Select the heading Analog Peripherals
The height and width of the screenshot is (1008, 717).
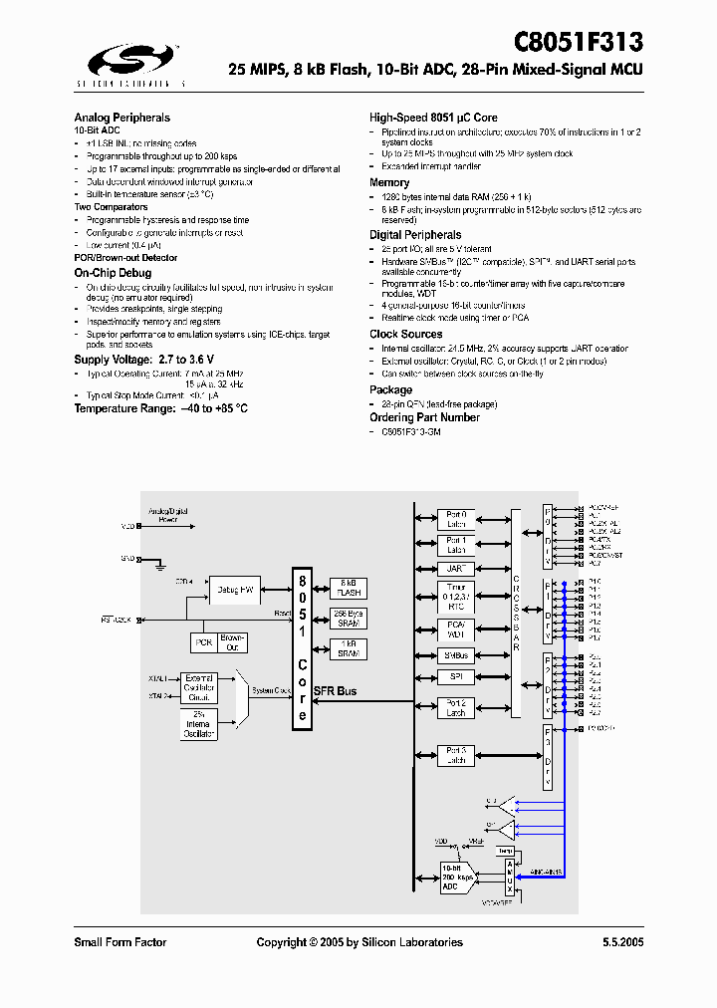coord(121,118)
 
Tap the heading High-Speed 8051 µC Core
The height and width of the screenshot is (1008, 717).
coord(433,118)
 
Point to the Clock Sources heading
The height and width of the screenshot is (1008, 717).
coord(405,334)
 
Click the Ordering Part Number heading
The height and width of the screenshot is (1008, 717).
coord(424,417)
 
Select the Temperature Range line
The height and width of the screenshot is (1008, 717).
coord(160,408)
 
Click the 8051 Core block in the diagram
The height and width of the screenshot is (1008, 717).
coord(302,648)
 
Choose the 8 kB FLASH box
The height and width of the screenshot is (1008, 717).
coord(350,587)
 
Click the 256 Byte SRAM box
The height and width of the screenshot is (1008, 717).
coord(350,618)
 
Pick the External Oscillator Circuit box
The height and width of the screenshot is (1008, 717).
coord(200,688)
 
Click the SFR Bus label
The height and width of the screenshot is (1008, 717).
coord(335,691)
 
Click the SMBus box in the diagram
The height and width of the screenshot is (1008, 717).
coord(454,655)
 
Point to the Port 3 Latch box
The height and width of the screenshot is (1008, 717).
coord(456,755)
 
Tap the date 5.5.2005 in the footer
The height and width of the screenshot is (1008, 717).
coord(621,942)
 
